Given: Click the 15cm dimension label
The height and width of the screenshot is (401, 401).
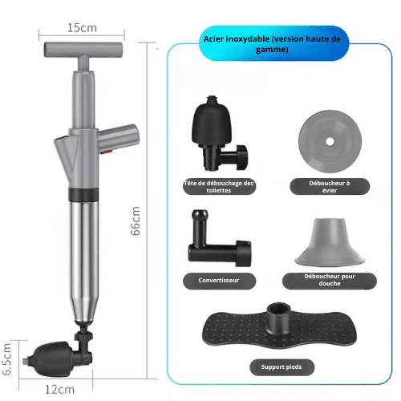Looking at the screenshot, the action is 82,28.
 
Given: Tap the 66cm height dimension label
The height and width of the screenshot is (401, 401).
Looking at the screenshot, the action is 136,221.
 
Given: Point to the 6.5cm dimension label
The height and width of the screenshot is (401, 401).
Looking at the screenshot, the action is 6,359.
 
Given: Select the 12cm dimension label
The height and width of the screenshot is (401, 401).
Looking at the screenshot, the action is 59,390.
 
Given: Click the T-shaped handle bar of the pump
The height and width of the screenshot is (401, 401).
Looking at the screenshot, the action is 83,50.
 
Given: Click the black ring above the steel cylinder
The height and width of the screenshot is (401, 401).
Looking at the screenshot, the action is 83,195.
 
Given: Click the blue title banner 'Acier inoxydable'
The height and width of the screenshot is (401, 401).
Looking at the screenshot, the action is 272,43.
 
